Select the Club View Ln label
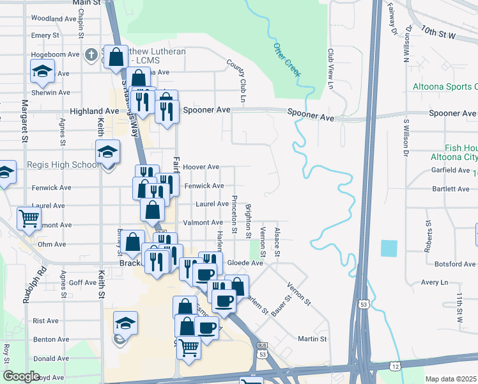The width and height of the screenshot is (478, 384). pos(331,68)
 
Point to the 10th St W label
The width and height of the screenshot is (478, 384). pos(438,31)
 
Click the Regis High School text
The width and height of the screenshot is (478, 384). pos(63,165)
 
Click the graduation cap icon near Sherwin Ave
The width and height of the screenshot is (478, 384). pos(42,71)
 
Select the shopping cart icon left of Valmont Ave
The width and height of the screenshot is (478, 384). pos(29,218)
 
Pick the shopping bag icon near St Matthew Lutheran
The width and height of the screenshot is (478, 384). pos(116,56)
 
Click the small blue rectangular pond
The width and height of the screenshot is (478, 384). pos(389,248)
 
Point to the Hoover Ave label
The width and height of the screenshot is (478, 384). pos(201,166)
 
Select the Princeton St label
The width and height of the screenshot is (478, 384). pos(235,214)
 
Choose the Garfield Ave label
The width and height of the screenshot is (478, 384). pos(451,170)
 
